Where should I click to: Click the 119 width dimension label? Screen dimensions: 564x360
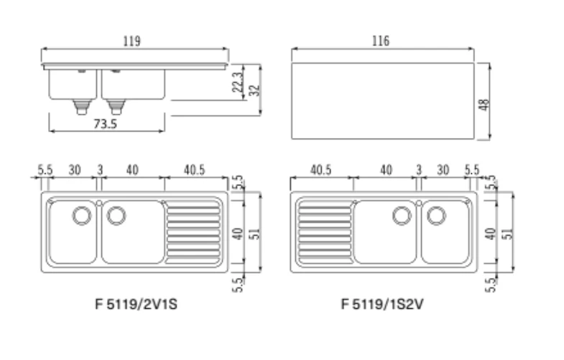pyautogui.click(x=131, y=41)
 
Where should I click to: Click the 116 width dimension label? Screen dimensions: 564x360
pyautogui.click(x=381, y=41)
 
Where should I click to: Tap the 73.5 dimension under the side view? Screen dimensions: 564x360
pyautogui.click(x=106, y=124)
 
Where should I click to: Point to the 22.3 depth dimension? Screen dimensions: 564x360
pyautogui.click(x=238, y=83)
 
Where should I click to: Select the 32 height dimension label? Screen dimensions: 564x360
pyautogui.click(x=254, y=91)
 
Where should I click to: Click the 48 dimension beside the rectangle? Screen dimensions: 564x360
pyautogui.click(x=484, y=105)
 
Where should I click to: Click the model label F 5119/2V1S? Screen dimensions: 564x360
pyautogui.click(x=137, y=304)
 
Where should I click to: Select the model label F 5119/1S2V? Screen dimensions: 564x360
pyautogui.click(x=382, y=304)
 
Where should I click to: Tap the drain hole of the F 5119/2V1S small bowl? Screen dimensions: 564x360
pyautogui.click(x=82, y=216)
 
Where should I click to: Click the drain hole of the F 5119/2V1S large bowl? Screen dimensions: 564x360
pyautogui.click(x=116, y=216)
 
